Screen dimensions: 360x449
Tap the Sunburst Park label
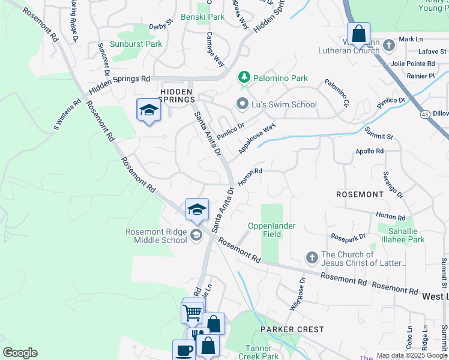coord(136,44)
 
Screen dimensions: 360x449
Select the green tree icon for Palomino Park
coord(244,77)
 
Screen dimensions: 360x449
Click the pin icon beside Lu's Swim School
coord(243,104)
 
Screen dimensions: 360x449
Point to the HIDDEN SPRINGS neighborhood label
coord(177,95)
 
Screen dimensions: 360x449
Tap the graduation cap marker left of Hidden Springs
coord(148,110)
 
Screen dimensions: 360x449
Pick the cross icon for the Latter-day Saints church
coord(312,258)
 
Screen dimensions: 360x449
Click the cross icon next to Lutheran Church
coord(389,45)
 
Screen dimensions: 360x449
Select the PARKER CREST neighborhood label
coord(292,329)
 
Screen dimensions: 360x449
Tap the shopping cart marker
coord(191,312)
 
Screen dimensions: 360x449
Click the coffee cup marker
coord(183,350)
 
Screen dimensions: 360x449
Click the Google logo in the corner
coord(20,353)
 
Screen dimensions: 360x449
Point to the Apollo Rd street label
coord(369,151)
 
